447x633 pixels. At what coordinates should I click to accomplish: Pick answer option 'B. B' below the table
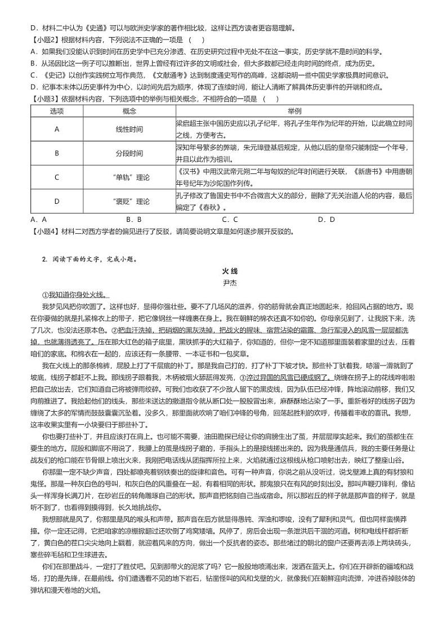point(133,220)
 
